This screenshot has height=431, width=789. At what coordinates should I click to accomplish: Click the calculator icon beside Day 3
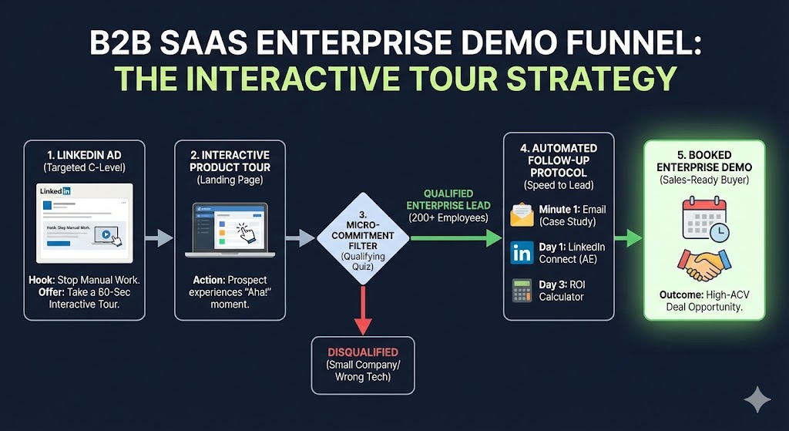(522, 291)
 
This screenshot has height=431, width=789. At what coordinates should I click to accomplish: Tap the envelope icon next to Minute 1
(522, 215)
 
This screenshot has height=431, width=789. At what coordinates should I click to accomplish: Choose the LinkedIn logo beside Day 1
(522, 253)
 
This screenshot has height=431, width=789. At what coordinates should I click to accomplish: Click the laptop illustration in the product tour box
(229, 229)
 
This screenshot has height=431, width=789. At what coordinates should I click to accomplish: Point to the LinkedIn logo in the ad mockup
(55, 190)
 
